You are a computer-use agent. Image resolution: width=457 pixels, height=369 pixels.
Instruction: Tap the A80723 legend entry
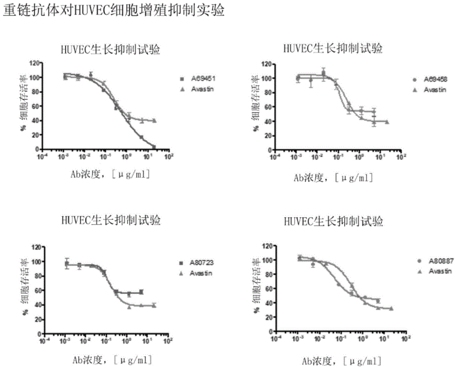coord(198,263)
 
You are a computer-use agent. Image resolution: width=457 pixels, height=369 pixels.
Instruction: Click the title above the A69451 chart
coord(111,49)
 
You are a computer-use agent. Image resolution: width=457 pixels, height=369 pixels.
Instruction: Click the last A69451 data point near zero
coord(154,147)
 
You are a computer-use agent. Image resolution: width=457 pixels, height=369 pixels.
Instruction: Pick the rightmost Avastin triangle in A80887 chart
coord(391,308)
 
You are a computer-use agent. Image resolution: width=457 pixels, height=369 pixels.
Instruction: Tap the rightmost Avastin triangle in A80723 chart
coord(154,305)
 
